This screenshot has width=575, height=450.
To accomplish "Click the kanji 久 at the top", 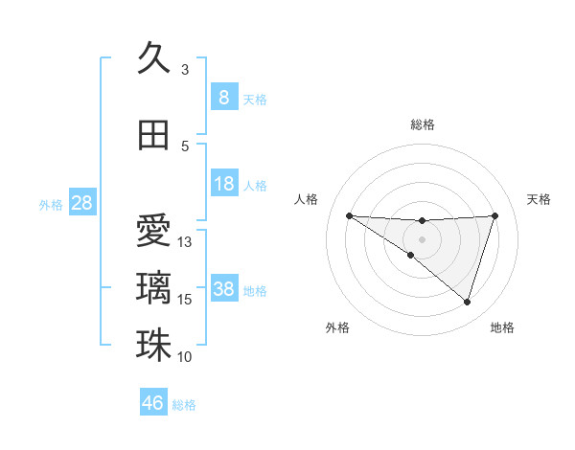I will point(153,57).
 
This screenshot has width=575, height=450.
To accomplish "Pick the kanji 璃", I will point(153,287).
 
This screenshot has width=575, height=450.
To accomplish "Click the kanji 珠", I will point(153,345).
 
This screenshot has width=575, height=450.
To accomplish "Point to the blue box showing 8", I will point(223,98).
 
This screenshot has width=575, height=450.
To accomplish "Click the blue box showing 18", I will point(223,184).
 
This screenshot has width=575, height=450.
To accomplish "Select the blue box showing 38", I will point(223,289).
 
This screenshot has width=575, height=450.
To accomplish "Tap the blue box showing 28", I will point(81,203).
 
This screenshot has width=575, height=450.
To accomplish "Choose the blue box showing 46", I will point(153,403).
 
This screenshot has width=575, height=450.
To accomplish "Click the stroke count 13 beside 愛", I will point(186,241).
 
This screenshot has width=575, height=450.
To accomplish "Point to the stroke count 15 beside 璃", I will point(186,300).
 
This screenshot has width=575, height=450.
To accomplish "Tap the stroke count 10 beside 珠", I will point(186,357).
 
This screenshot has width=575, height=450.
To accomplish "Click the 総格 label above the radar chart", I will point(422,124).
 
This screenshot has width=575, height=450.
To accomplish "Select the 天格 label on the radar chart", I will point(540,199).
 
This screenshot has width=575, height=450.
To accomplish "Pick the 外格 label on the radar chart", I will point(337,327).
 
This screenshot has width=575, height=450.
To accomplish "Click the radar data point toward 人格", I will point(349,215).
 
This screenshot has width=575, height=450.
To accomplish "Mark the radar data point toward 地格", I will point(467,302).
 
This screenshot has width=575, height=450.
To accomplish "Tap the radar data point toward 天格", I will point(494,215).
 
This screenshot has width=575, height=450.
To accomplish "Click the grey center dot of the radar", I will point(422,238).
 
